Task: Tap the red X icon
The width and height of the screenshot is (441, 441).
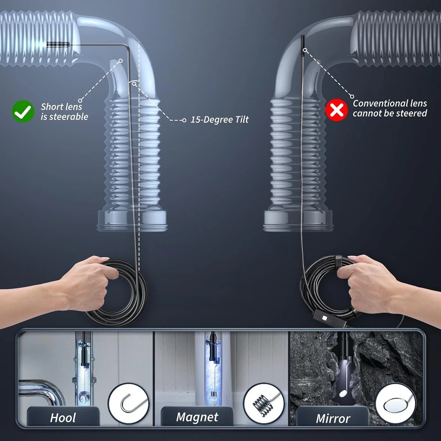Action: pos(336,110)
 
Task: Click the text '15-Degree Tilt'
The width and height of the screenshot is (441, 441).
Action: pos(220,120)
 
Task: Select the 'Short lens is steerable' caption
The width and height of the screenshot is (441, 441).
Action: pos(64,112)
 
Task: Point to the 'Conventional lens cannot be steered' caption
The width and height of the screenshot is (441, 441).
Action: pos(390,108)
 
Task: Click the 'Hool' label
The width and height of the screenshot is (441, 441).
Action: pos(63,417)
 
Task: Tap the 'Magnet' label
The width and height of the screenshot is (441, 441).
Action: pos(197,417)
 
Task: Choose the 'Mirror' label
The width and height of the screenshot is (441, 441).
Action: pos(333,418)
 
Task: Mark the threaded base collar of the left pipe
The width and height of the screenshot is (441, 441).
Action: pos(132,220)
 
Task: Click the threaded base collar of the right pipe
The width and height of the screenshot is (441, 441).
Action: pos(298,220)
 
